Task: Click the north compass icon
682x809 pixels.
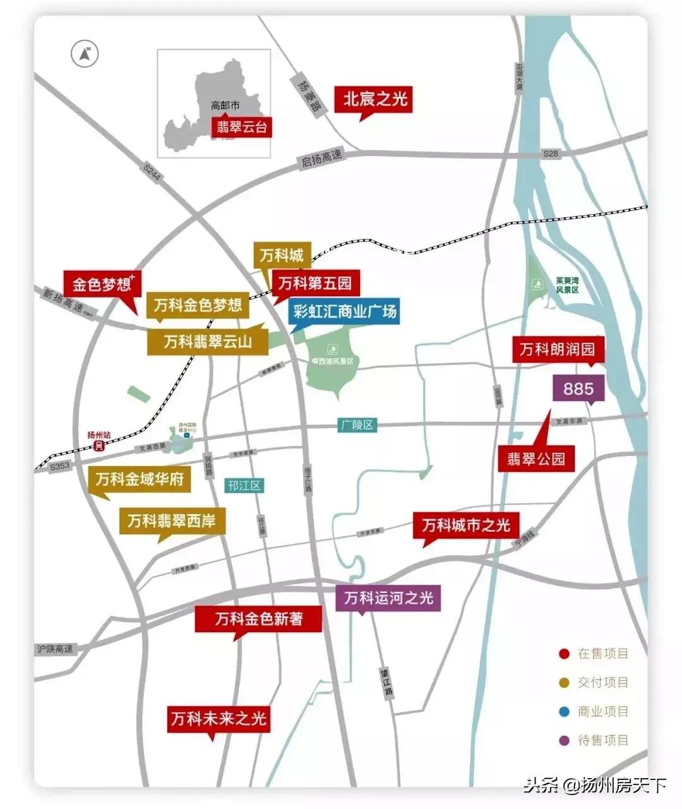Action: point(85,54)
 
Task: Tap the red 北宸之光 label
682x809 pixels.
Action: point(375,99)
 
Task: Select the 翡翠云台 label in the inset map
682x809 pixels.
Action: point(242,127)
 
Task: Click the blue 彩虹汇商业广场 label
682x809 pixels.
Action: point(344,311)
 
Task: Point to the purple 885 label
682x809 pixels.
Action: point(578,388)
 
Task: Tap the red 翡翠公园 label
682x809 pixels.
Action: point(536,458)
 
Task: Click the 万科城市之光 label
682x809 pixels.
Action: point(466,525)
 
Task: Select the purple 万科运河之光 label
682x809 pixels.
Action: point(388,597)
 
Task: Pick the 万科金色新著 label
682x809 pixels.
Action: point(258,619)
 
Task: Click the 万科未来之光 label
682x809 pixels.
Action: point(218,719)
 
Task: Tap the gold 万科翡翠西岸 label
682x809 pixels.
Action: point(172,521)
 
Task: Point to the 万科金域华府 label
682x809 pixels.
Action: point(140,479)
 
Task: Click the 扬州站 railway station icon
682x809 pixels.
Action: point(99,446)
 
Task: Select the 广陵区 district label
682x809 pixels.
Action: point(357,425)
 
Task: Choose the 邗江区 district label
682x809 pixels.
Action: point(244,486)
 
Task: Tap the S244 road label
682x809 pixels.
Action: point(152,172)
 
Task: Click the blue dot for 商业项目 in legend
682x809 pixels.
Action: point(564,712)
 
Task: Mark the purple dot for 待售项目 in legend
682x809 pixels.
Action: point(564,741)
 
